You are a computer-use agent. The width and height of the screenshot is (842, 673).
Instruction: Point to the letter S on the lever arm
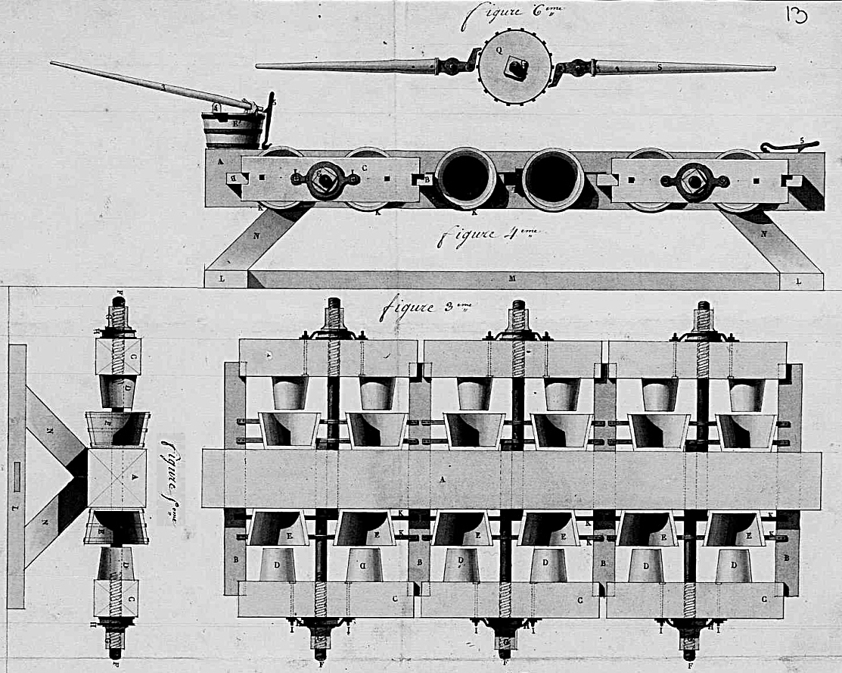[x=660, y=67]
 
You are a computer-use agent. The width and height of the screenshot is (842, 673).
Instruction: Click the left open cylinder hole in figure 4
[x=465, y=177]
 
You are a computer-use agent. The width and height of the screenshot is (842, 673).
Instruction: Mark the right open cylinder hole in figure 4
[x=553, y=178]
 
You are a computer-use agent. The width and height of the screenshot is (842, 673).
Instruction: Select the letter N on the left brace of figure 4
[x=256, y=235]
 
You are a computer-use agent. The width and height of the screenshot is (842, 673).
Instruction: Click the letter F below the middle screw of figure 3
[x=504, y=664]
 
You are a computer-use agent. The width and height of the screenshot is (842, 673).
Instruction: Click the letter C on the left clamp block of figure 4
[x=365, y=168]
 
